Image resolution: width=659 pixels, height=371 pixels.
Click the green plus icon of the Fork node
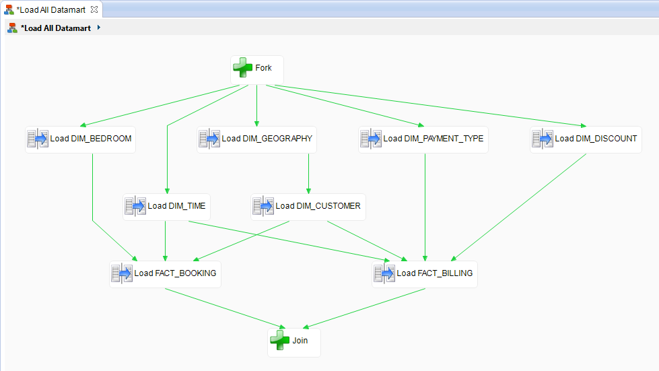coord(243,67)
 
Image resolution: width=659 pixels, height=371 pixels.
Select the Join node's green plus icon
coord(280,341)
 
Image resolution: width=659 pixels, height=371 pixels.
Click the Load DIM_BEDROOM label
coord(90,139)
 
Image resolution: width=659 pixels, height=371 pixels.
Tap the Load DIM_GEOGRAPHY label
coord(267,139)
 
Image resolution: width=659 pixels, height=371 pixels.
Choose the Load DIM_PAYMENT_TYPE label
coord(433,139)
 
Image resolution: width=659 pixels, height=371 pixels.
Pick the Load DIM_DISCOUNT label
coord(595,139)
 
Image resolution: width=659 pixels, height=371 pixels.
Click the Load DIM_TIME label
coord(176,206)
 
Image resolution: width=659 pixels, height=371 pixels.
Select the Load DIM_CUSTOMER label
coord(318,206)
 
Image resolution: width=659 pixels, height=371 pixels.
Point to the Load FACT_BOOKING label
coord(175,273)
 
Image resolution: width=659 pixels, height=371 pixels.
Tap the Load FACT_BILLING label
coord(434,273)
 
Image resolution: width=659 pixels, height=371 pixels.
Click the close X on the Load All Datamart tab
coord(94,9)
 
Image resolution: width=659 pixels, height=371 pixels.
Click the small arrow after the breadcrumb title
coord(99,28)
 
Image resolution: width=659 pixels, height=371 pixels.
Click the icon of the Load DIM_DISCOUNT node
coord(543,139)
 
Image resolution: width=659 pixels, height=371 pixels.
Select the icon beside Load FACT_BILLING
coord(384,273)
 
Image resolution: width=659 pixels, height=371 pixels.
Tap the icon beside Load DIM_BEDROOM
coord(38,139)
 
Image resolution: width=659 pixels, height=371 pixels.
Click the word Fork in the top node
coord(263,68)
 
